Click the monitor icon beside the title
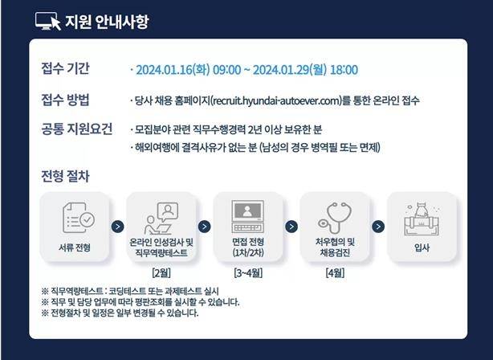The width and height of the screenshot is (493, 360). coord(48,21)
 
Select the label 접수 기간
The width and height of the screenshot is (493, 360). coord(65,69)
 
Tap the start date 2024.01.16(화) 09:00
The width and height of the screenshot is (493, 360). coord(188,70)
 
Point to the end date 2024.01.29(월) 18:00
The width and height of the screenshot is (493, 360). coord(305,70)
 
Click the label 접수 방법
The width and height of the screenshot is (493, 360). coord(65,100)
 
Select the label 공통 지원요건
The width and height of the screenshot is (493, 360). coord(75,129)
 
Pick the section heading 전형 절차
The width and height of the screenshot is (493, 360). coord(65,175)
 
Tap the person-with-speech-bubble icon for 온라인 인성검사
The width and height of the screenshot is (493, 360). coord(161,215)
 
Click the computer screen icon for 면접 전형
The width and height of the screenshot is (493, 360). coord(247,215)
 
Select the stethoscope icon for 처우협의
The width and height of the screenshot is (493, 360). coord(334,215)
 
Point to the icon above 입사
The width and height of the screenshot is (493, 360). coord(421,215)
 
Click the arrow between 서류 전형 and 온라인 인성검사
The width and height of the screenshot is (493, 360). coord(118,227)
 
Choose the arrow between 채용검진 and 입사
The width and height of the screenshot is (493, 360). coord(378,227)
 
